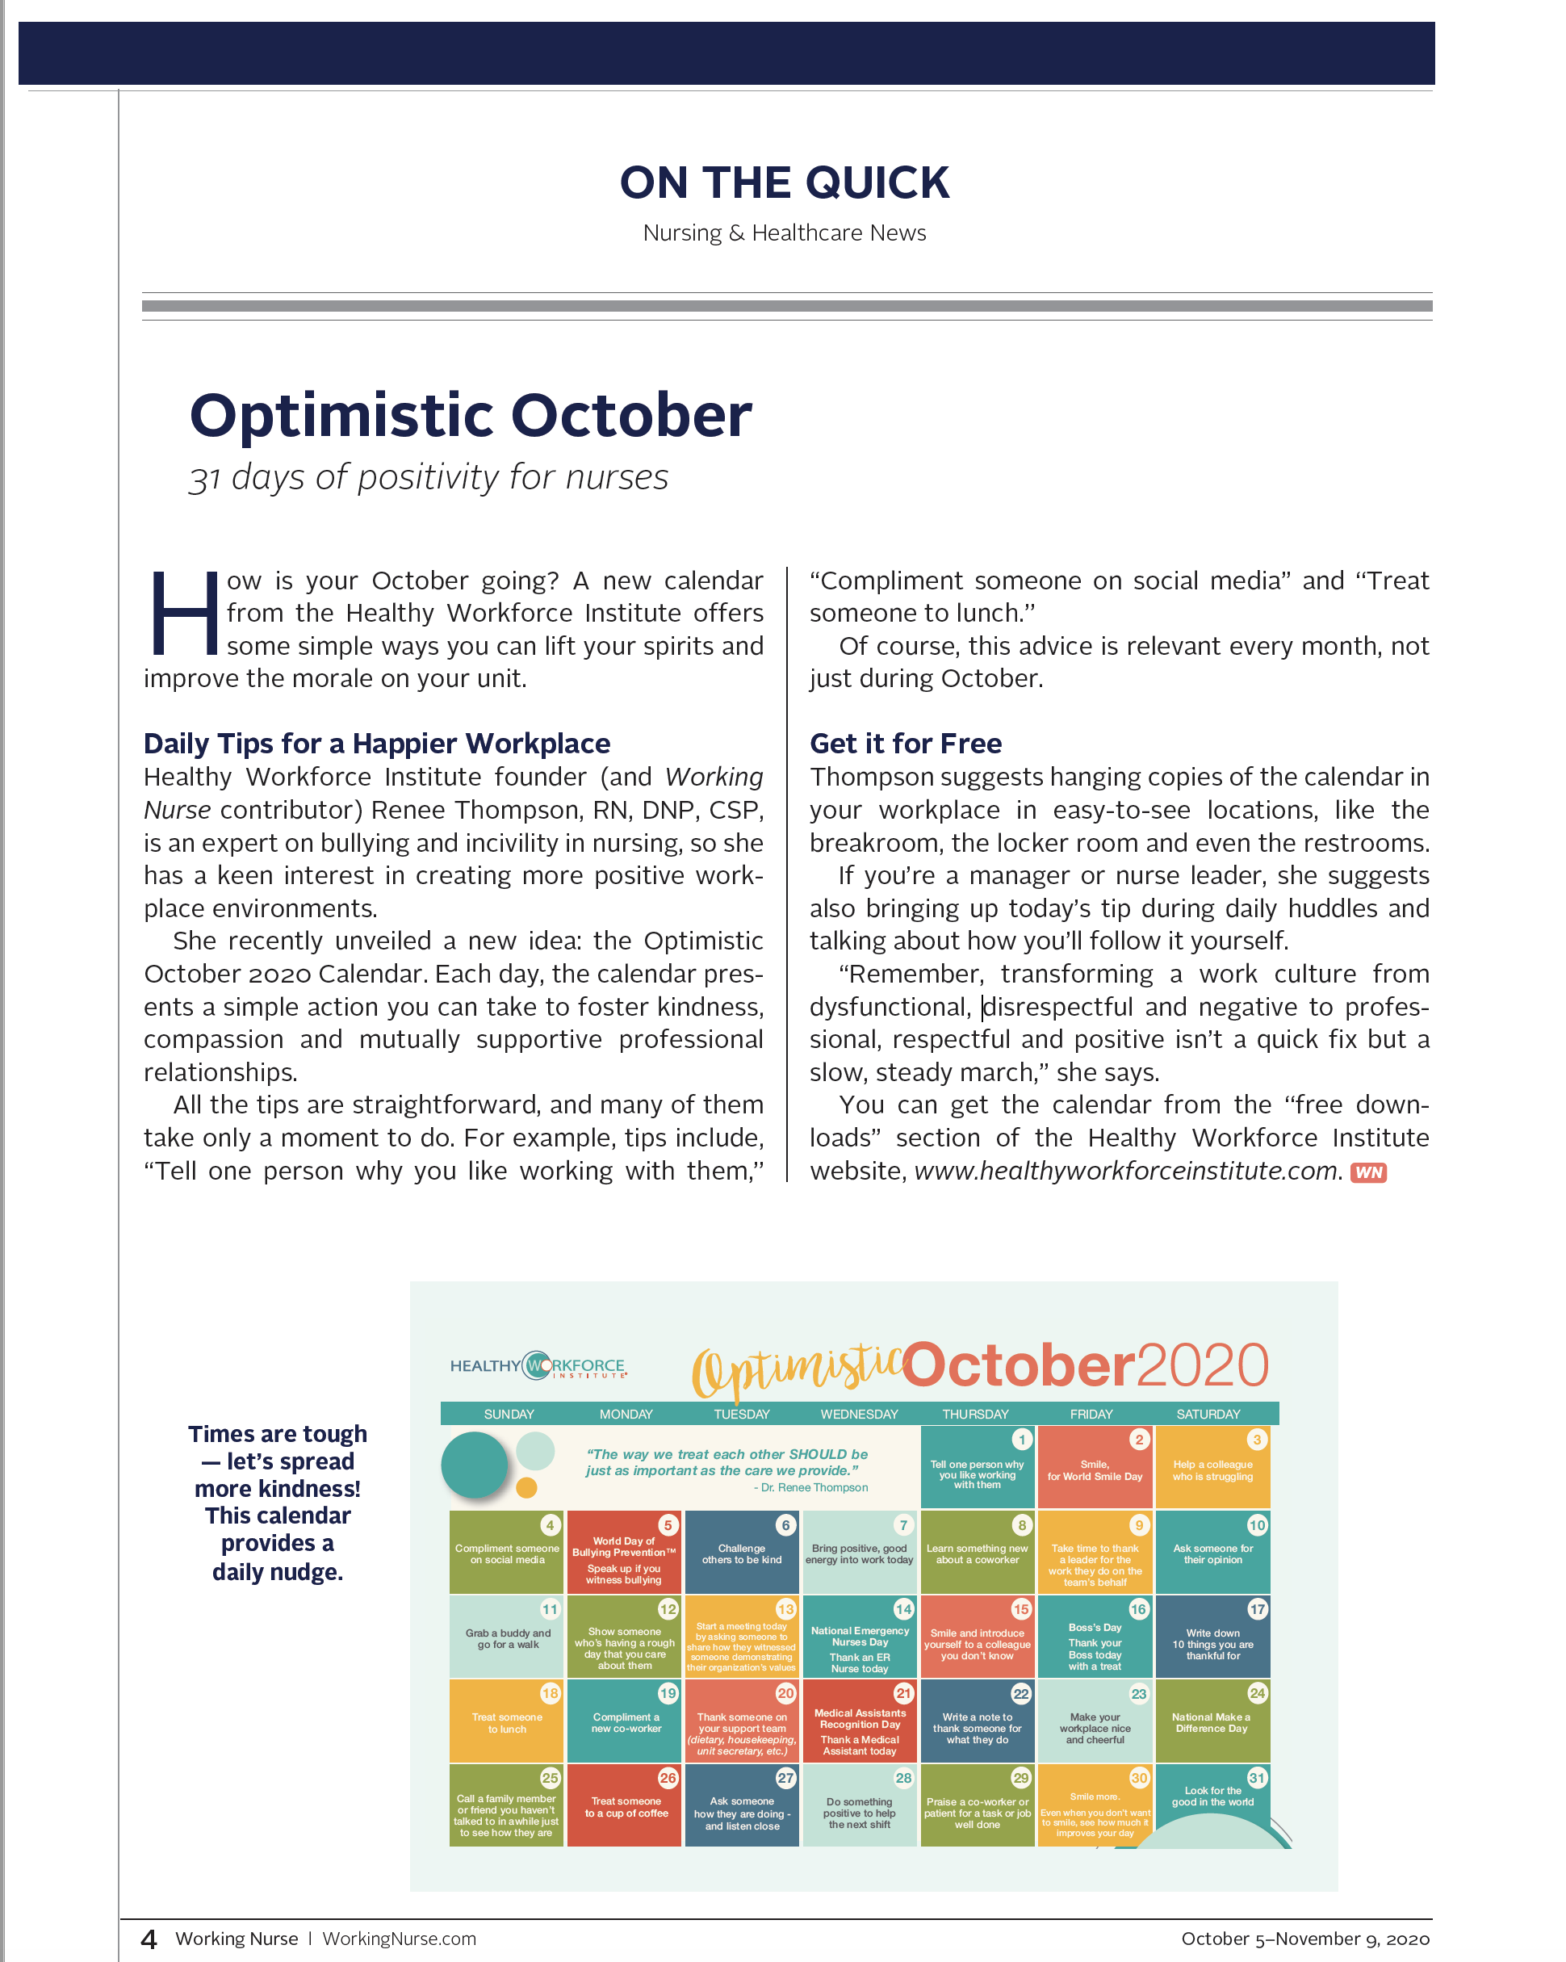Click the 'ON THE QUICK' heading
pos(784,183)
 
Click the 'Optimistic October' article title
pos(471,416)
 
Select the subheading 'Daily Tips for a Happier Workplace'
pos(377,744)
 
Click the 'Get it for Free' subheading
pos(906,744)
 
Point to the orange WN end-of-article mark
pos(1367,1172)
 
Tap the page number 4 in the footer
pos(149,1939)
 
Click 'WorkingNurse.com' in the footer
pos(400,1939)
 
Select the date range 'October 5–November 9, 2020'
pos(1304,1939)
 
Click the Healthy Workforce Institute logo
pos(538,1366)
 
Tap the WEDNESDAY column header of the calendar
pos(859,1414)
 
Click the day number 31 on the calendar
pos(1257,1778)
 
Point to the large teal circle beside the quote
pos(474,1464)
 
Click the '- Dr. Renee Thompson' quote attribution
pos(810,1487)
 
